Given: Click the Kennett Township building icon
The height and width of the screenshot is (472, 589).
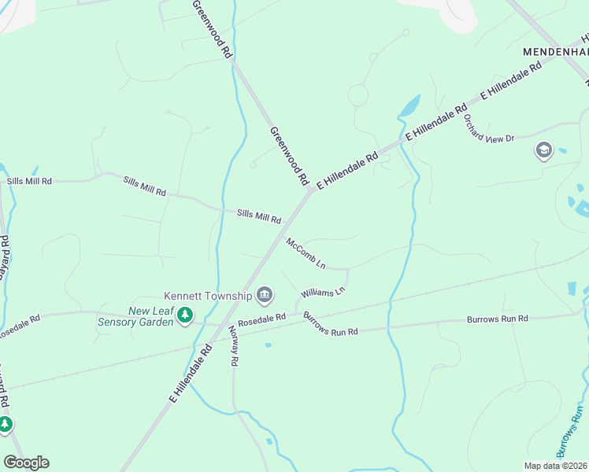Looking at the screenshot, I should point(265,296).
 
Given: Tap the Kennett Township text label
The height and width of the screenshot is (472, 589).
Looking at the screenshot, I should point(208,296).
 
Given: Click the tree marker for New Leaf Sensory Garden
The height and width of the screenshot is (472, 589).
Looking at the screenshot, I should point(185,316).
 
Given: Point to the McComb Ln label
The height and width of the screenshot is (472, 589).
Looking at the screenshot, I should point(306,253).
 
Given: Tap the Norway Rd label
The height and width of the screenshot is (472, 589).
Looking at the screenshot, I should point(233,347).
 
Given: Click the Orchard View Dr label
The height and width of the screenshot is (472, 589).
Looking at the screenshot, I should point(488,128).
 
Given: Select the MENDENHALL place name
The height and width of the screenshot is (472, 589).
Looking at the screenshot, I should point(556,51).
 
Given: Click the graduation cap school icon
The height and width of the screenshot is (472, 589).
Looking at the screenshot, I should point(543,149).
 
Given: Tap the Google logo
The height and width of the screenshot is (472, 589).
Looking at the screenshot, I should point(26,463).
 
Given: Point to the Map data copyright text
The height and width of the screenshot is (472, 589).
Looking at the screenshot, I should point(556,466).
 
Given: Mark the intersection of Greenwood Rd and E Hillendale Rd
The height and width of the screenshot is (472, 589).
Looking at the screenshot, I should point(310,190).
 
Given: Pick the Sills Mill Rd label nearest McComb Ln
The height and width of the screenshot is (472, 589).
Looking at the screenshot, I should point(259,216).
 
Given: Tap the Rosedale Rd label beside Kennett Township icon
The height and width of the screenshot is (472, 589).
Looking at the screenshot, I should point(261,319).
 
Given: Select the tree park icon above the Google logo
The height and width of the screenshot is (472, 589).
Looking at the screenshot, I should point(6,425).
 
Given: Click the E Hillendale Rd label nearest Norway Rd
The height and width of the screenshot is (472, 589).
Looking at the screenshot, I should point(190,374).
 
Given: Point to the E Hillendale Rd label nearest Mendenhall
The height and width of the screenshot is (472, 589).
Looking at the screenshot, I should point(512,81).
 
